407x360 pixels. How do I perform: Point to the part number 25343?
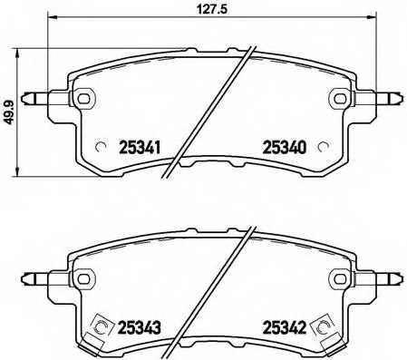click(141, 327)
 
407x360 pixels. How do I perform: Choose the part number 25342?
click(284, 327)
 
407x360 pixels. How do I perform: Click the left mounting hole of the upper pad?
click(84, 98)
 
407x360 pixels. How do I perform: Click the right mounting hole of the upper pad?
click(340, 98)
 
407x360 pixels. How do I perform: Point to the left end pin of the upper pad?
click(37, 98)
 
